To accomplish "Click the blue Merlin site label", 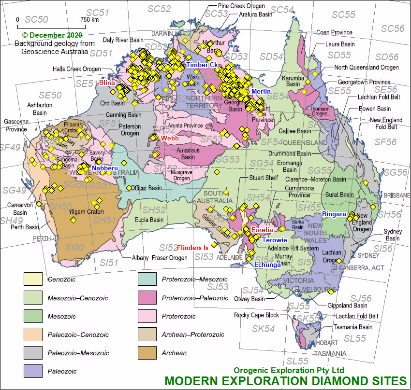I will point(261,91).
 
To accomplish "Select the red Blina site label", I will point(107,83).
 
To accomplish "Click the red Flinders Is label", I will point(192,248).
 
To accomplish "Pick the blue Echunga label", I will point(268,265).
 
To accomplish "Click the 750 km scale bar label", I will point(89,20).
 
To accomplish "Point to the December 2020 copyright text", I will point(52,35).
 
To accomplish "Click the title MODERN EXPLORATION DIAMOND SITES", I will point(285,380).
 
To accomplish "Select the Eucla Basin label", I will point(149,220).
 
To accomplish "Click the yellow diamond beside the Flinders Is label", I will point(214,244).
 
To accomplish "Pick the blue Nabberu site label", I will point(105,168).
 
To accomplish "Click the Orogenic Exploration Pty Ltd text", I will point(289,370).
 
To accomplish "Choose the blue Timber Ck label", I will point(202,65).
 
